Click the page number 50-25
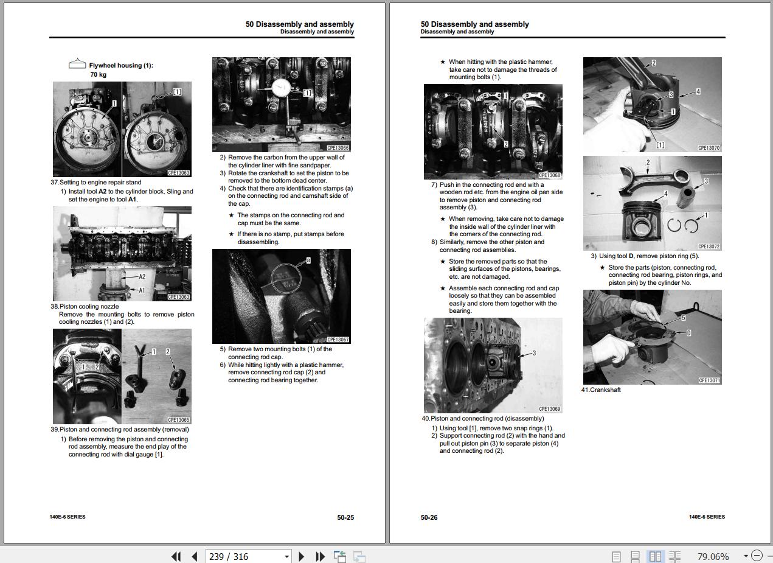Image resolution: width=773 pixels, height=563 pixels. coord(345,517)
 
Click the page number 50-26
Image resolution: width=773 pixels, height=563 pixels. coord(429,517)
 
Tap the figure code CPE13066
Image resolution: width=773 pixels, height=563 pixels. coord(338,148)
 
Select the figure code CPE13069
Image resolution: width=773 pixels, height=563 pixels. coord(549,409)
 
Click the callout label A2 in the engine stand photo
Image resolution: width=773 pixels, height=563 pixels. coord(142,276)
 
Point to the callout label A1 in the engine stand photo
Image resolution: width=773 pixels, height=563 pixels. coord(142,290)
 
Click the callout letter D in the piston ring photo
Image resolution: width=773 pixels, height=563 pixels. coord(688,333)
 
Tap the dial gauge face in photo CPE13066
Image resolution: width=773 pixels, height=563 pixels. coord(282,89)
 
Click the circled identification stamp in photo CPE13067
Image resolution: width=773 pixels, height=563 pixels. coord(286,279)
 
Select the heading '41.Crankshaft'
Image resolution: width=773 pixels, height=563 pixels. coord(601,390)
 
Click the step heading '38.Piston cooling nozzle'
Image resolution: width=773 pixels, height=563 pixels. coord(85,306)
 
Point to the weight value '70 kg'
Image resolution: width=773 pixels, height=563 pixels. coord(99,75)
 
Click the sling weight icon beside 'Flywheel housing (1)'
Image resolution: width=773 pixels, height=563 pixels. coord(77,63)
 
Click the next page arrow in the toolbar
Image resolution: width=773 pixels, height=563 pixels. coord(301,556)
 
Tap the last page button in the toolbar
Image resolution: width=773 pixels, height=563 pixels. coord(321,556)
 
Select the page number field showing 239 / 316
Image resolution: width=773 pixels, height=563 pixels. coord(248,556)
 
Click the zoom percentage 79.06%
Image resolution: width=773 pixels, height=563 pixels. coord(713,557)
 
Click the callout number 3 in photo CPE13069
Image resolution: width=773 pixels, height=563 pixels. coord(534,353)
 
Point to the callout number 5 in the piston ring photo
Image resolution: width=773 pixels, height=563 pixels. coord(683,318)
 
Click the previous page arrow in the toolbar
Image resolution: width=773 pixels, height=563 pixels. coord(195,556)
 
